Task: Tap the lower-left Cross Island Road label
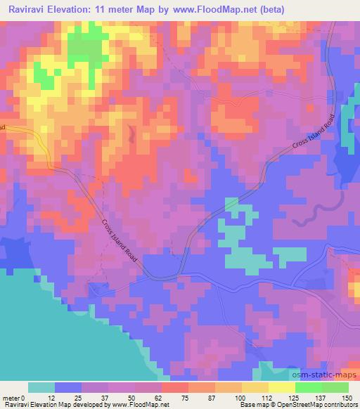point(120,240)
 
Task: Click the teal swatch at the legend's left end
point(41,387)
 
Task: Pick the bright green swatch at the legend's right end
point(335,387)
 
